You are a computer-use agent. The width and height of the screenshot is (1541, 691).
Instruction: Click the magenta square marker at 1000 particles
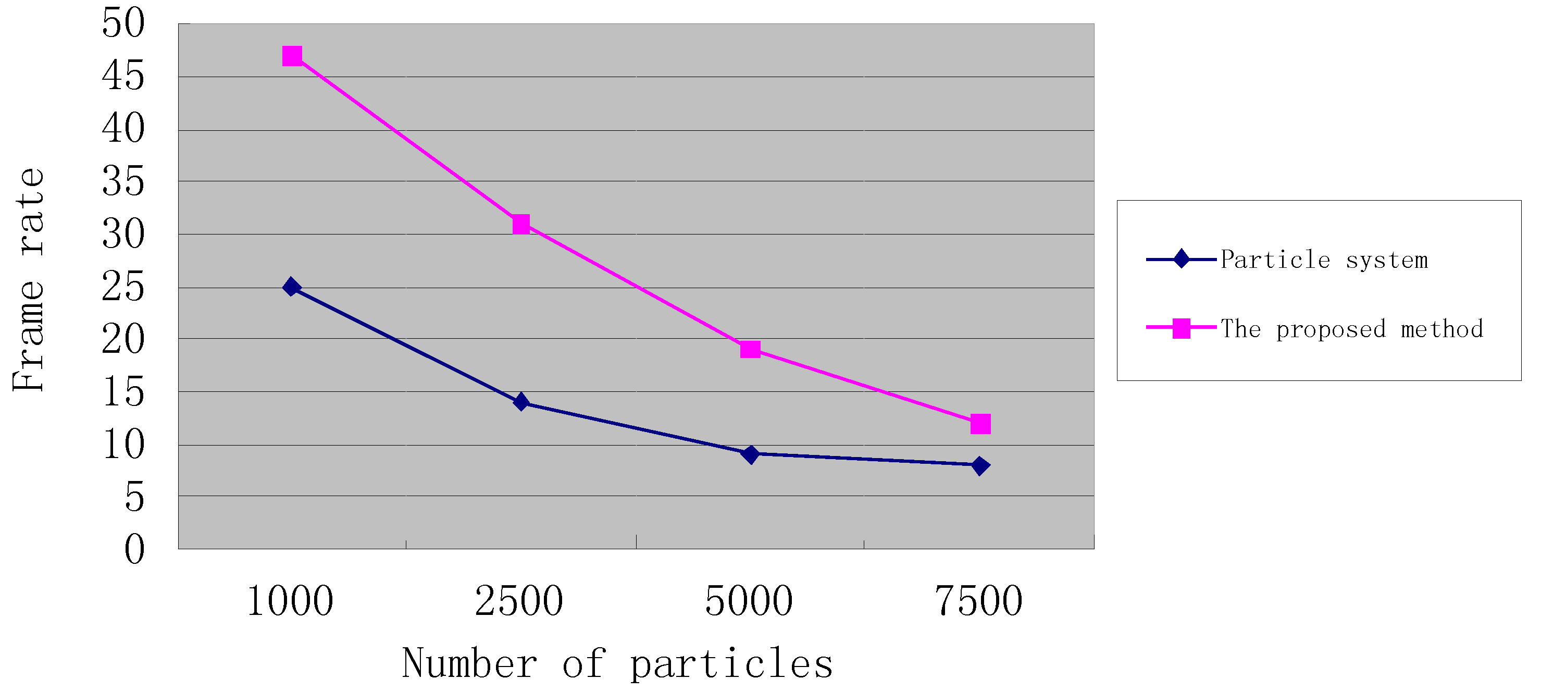(x=292, y=56)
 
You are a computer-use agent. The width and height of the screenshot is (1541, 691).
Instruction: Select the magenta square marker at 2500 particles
(x=521, y=225)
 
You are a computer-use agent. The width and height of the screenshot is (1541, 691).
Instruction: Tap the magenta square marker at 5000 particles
(x=750, y=349)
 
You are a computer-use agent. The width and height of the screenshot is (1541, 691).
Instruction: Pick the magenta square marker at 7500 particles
(x=980, y=424)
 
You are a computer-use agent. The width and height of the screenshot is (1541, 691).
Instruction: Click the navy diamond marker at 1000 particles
(x=292, y=287)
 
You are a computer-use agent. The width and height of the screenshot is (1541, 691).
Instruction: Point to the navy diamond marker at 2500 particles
(x=521, y=402)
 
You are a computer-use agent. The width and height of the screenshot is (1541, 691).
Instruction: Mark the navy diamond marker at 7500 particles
(x=980, y=465)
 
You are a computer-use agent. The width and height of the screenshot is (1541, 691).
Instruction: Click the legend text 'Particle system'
(x=1324, y=260)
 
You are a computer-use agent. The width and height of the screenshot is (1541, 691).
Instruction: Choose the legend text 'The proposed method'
(x=1351, y=329)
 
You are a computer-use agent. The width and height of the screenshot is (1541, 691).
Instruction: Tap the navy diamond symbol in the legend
(x=1181, y=259)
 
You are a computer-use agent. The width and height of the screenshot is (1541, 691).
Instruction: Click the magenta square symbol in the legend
(x=1181, y=328)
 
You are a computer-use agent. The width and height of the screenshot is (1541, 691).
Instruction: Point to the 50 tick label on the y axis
(x=123, y=24)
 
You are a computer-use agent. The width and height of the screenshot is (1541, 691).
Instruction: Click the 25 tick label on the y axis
(x=123, y=287)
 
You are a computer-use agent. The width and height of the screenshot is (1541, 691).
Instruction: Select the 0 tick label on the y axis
(x=134, y=549)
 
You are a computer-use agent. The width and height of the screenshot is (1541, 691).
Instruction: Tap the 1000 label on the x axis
(x=290, y=601)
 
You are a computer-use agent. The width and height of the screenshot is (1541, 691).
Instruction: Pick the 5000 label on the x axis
(x=749, y=601)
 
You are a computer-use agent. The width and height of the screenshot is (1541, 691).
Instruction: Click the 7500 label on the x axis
(x=979, y=601)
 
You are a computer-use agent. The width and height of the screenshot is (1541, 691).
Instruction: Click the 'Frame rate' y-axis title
(x=29, y=280)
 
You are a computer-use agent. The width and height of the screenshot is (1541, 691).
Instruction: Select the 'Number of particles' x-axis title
(x=617, y=664)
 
